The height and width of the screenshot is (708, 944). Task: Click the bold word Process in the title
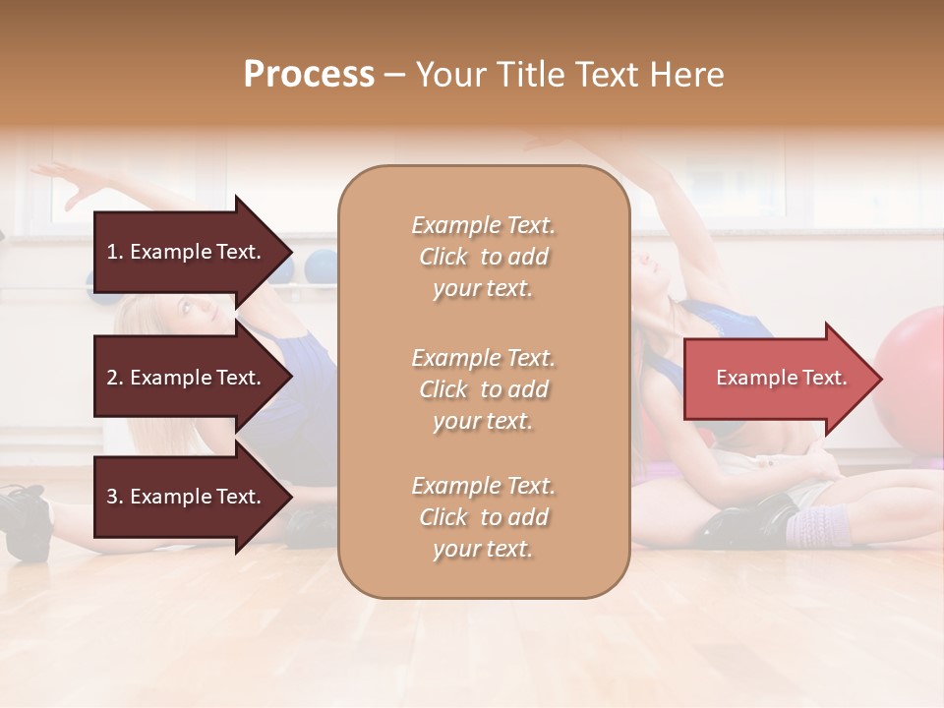[309, 75]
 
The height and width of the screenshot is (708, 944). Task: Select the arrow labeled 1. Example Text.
[187, 252]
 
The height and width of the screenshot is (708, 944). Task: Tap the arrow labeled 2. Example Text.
[187, 378]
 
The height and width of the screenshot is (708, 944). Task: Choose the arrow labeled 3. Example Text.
[187, 497]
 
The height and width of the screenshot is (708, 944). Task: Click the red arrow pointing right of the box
[777, 378]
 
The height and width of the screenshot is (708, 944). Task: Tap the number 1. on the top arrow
[115, 252]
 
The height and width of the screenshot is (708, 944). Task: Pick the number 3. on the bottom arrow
[115, 497]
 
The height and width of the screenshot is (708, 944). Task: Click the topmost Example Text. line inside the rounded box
[483, 225]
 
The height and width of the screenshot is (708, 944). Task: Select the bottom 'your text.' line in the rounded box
[483, 550]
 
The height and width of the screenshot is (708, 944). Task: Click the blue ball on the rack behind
[320, 266]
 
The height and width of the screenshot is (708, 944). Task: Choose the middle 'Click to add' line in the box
[483, 389]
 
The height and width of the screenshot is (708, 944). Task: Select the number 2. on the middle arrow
[115, 378]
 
